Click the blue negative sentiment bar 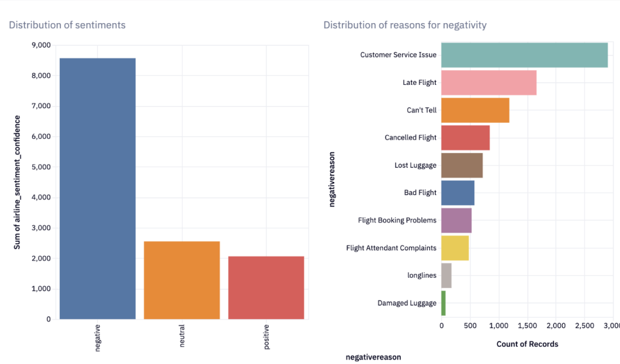pos(98,188)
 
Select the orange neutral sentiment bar pos(182,280)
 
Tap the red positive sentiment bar pos(266,287)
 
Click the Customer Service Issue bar pos(524,55)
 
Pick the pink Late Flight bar pos(489,82)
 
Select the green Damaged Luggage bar pos(443,303)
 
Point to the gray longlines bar pos(447,275)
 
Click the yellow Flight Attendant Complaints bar pos(455,248)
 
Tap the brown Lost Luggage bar pos(462,165)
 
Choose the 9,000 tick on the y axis pos(41,46)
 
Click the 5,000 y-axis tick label pos(41,167)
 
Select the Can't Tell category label pos(421,110)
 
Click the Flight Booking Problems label pos(397,220)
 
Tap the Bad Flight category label pos(420,192)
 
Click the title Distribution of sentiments pos(67,25)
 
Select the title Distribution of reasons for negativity pos(405,25)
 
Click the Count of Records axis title pos(527,344)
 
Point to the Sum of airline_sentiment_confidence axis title pos(18,183)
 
